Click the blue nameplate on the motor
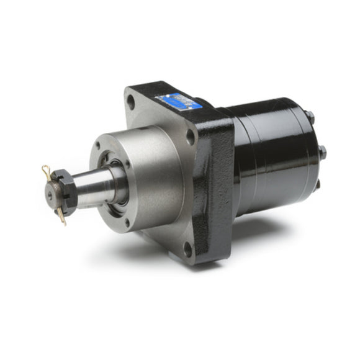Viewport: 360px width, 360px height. [179, 101]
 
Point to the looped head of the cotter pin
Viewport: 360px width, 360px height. [45, 168]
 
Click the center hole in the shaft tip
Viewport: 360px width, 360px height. [50, 192]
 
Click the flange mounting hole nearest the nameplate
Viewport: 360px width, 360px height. [191, 135]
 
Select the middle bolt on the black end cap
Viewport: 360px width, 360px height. [322, 151]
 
